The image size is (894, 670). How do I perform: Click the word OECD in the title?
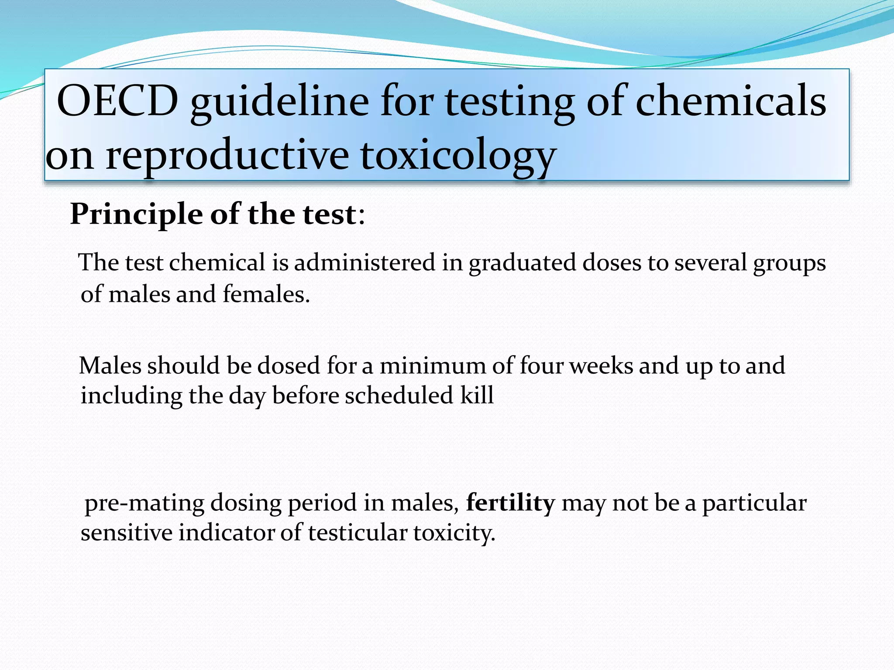pos(118,101)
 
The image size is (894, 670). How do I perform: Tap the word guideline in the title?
pos(279,101)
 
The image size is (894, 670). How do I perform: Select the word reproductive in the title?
pos(227,155)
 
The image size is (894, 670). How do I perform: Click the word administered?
pos(364,263)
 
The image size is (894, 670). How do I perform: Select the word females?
pos(266,294)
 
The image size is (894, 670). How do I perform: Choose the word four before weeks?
pos(541,366)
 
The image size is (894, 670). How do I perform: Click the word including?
pos(131,396)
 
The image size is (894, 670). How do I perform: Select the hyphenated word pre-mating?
pos(144,503)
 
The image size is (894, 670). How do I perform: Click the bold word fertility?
pos(510,503)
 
